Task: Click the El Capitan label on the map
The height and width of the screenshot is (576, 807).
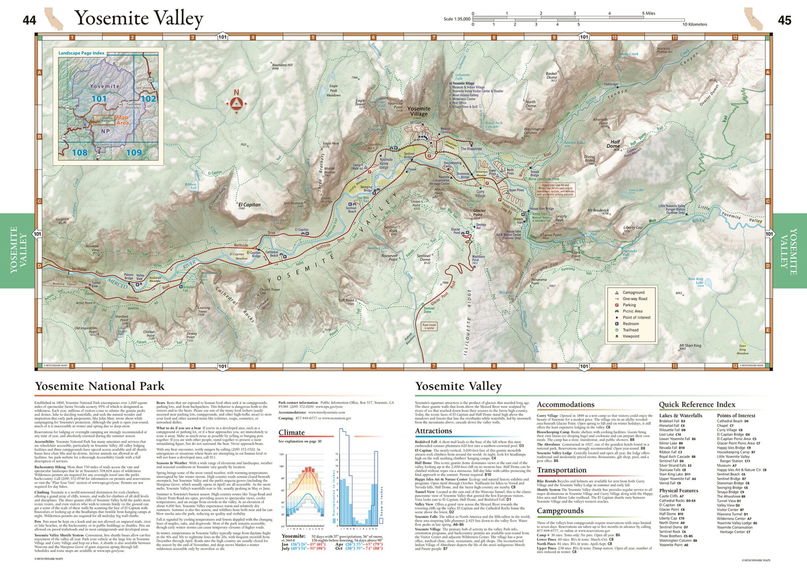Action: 249,204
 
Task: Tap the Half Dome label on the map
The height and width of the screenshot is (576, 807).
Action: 615,144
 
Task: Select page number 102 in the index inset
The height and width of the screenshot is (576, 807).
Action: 148,98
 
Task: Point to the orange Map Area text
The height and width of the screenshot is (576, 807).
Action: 123,120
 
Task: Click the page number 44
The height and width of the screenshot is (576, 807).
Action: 30,20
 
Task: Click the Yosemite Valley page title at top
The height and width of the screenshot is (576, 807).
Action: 139,18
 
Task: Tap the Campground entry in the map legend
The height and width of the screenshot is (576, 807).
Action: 633,292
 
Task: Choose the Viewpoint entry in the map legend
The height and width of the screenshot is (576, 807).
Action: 631,336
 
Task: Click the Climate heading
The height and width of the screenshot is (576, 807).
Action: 292,432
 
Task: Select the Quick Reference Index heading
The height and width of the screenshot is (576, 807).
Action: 697,404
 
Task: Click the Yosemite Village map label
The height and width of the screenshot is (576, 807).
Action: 419,111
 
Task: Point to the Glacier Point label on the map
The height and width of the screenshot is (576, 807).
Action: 479,212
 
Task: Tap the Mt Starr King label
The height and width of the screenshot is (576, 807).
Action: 690,346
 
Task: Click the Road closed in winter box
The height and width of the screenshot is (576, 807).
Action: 429,326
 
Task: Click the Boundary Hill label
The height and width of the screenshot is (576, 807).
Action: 282,65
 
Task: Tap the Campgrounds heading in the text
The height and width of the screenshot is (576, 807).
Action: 560,511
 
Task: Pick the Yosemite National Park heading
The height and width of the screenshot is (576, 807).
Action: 99,386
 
